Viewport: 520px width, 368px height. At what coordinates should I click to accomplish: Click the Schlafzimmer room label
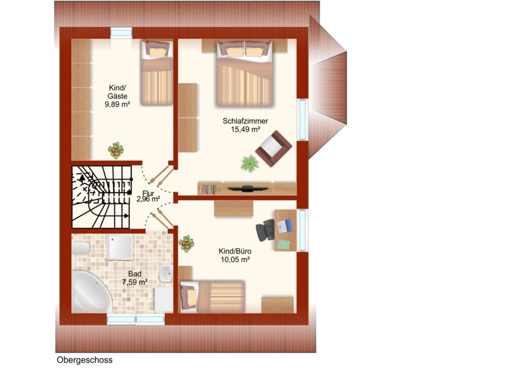point(245,121)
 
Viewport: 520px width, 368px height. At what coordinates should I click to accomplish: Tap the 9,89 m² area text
point(117,104)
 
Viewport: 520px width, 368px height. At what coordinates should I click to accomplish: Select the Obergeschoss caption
point(85,360)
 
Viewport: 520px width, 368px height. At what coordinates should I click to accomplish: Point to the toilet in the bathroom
point(81,248)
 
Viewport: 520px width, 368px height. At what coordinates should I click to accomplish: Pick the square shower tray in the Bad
point(119,247)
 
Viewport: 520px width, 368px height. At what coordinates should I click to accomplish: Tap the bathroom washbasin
point(166,273)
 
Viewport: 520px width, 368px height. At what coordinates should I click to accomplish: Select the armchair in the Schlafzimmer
point(273,148)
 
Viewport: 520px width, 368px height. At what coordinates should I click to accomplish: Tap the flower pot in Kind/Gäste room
point(116,150)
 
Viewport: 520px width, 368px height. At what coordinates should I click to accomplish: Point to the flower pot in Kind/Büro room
point(186,244)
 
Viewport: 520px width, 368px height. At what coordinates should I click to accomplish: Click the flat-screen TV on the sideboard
point(248,189)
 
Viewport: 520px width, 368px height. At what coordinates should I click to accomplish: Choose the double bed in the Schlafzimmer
point(245,73)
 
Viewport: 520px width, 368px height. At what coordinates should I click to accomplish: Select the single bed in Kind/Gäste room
point(157,73)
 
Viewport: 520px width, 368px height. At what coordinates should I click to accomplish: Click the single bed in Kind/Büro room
point(212,297)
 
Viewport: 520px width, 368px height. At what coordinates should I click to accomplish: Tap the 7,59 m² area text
point(135,283)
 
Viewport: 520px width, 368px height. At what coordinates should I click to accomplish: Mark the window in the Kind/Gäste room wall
point(121,33)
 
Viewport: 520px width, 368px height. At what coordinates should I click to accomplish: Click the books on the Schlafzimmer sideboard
point(208,189)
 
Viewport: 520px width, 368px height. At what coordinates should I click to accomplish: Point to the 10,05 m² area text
point(235,260)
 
